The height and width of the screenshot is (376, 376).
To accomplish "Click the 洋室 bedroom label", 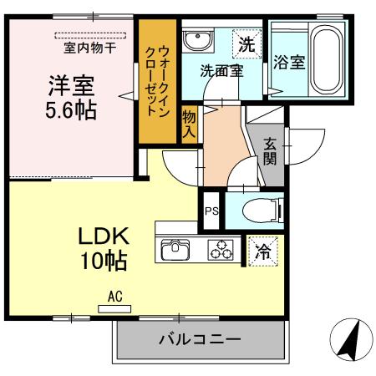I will coord(71,85).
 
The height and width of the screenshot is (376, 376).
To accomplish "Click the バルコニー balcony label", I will coord(200,341).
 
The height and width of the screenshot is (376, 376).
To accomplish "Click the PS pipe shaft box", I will coord(211,211).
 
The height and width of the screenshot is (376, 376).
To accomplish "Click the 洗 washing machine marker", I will coord(247,42).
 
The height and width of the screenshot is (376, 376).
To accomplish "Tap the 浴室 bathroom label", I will coord(288,63).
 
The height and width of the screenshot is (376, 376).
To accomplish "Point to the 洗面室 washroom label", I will coord(221,72).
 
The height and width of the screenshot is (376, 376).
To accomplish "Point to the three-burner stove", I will coord(222,249).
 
